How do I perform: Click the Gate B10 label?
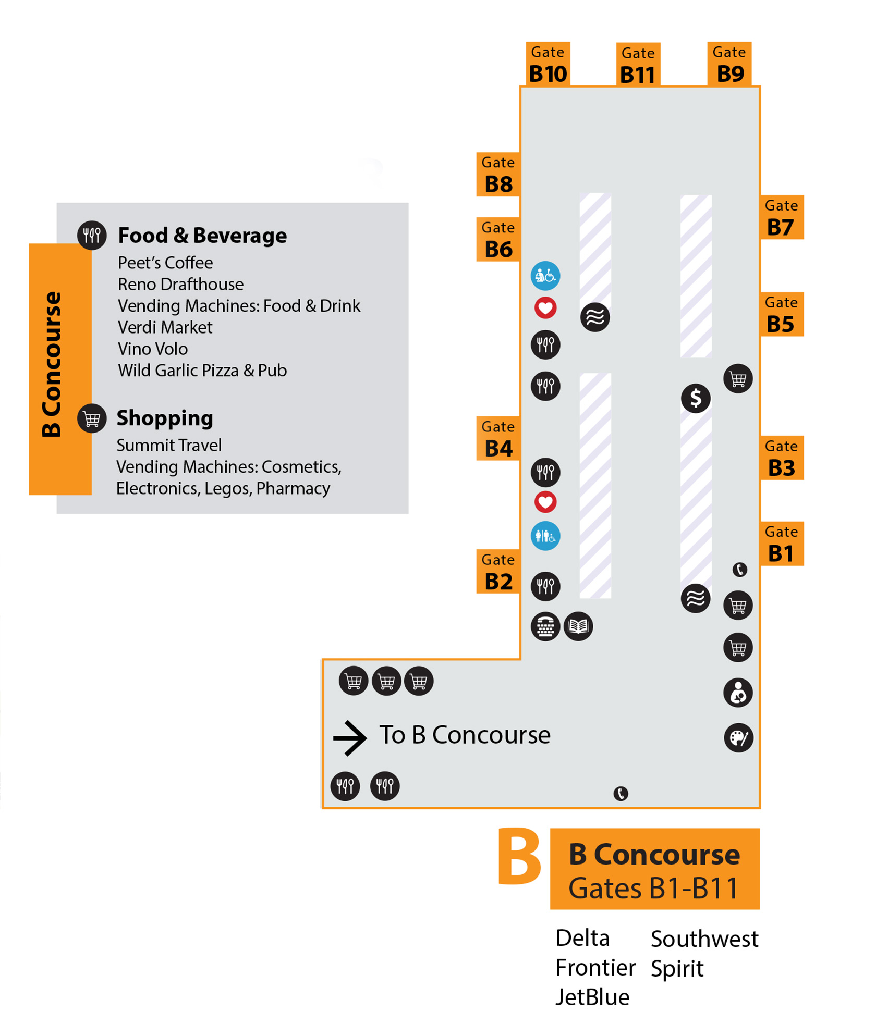click(547, 64)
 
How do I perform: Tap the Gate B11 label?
click(638, 65)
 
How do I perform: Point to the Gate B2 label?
click(498, 572)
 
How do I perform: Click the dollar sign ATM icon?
click(695, 399)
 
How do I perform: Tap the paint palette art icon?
click(738, 737)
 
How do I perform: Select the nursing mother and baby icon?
click(738, 693)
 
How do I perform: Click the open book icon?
click(578, 626)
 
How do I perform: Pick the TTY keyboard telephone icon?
click(545, 626)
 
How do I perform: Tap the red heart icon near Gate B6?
click(545, 308)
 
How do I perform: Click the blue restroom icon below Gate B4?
click(545, 536)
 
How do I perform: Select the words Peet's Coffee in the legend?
click(165, 263)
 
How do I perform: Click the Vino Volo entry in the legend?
click(153, 349)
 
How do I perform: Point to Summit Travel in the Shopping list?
click(169, 445)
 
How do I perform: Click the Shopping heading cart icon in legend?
click(92, 418)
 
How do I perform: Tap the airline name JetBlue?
click(592, 997)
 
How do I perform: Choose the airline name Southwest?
click(704, 939)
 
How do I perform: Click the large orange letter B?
click(519, 857)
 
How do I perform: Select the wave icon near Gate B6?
click(595, 317)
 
